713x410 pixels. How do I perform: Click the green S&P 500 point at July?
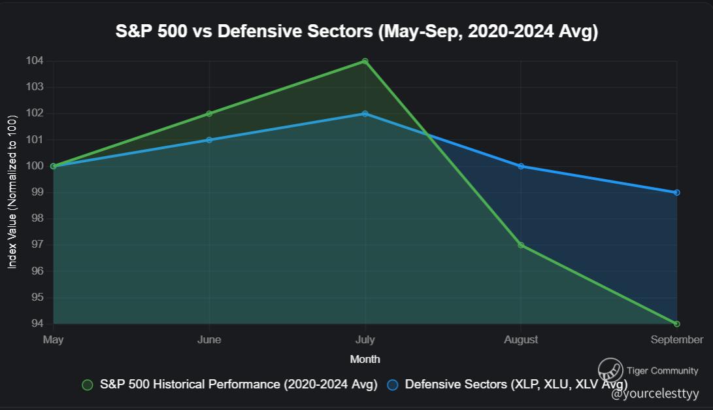365,61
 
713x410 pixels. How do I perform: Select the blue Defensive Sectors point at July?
365,114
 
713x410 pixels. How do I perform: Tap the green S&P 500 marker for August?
521,245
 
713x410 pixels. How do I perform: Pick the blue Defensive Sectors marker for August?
521,166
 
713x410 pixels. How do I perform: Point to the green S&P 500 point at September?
676,324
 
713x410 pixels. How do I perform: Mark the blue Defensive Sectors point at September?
676,192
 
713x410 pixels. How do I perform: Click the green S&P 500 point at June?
209,114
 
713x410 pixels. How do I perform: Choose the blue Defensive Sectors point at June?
209,140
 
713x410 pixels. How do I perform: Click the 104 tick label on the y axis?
35,61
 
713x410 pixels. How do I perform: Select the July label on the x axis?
365,339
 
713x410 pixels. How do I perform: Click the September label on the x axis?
676,339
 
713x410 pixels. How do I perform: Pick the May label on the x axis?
53,339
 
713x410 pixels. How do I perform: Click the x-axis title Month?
365,359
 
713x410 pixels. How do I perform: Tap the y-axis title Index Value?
12,192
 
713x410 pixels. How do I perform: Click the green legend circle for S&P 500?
88,384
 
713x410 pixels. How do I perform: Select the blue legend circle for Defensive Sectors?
393,384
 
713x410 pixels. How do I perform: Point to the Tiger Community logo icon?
610,370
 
